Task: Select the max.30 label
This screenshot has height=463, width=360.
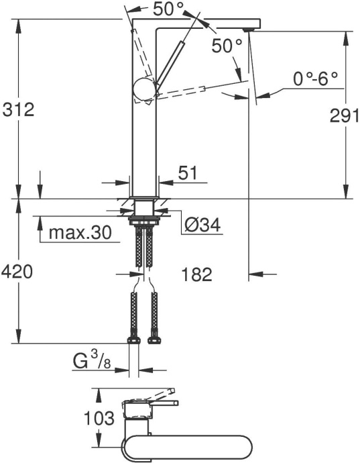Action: click(x=80, y=234)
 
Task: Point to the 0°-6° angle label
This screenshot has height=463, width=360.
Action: click(x=316, y=79)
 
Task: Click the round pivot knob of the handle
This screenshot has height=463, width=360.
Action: click(x=144, y=89)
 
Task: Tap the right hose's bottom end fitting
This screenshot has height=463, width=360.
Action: click(x=154, y=337)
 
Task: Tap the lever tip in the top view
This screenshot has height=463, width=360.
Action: click(x=170, y=391)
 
